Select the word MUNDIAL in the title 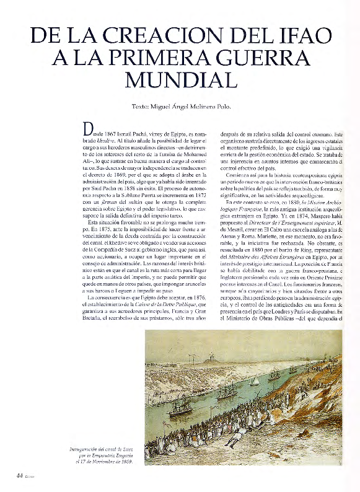pos(181,80)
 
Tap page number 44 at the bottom pos(19,475)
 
